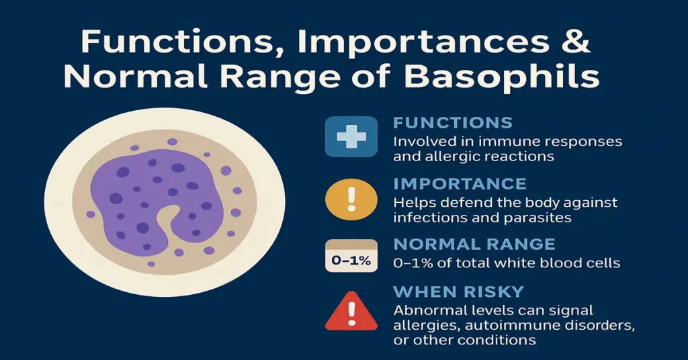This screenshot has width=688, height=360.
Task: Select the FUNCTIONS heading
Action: pyautogui.click(x=453, y=123)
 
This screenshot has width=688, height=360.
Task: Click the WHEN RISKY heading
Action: pyautogui.click(x=458, y=292)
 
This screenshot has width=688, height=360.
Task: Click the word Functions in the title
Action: pyautogui.click(x=179, y=42)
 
